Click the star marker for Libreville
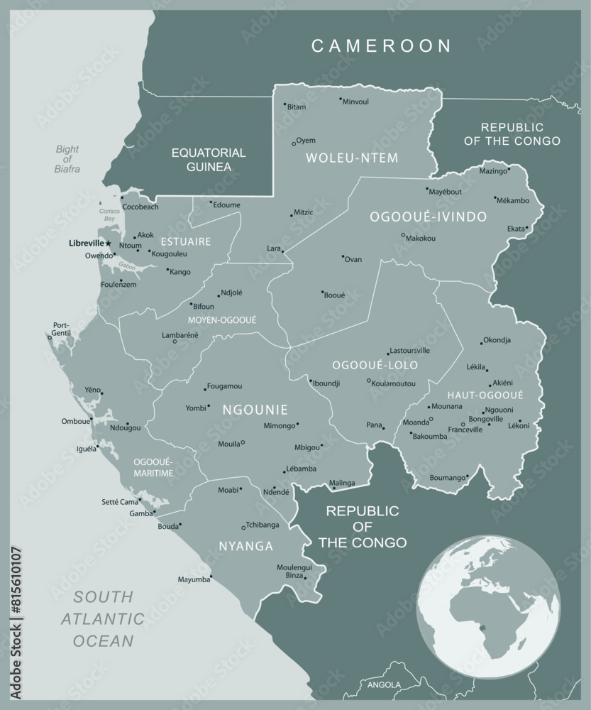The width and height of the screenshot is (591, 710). pos(109,244)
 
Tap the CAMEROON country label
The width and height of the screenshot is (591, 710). pos(382,46)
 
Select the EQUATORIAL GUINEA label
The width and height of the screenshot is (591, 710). pos(209,160)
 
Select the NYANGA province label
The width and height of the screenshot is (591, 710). pos(245,546)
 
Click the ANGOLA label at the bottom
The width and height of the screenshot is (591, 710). pos(384,685)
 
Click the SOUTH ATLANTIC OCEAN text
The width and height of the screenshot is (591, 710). pos(105,618)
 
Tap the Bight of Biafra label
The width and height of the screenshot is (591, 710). pos(68,159)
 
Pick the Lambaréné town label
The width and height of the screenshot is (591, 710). pos(180,334)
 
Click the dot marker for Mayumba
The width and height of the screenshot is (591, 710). pos(211,577)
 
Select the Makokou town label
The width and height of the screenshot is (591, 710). pos(420,238)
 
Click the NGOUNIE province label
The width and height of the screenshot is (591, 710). pos(255,410)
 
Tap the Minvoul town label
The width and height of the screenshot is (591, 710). pos(355,102)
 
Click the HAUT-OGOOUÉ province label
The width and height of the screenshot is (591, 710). pos(485,395)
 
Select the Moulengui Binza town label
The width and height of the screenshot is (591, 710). pos(294,572)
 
